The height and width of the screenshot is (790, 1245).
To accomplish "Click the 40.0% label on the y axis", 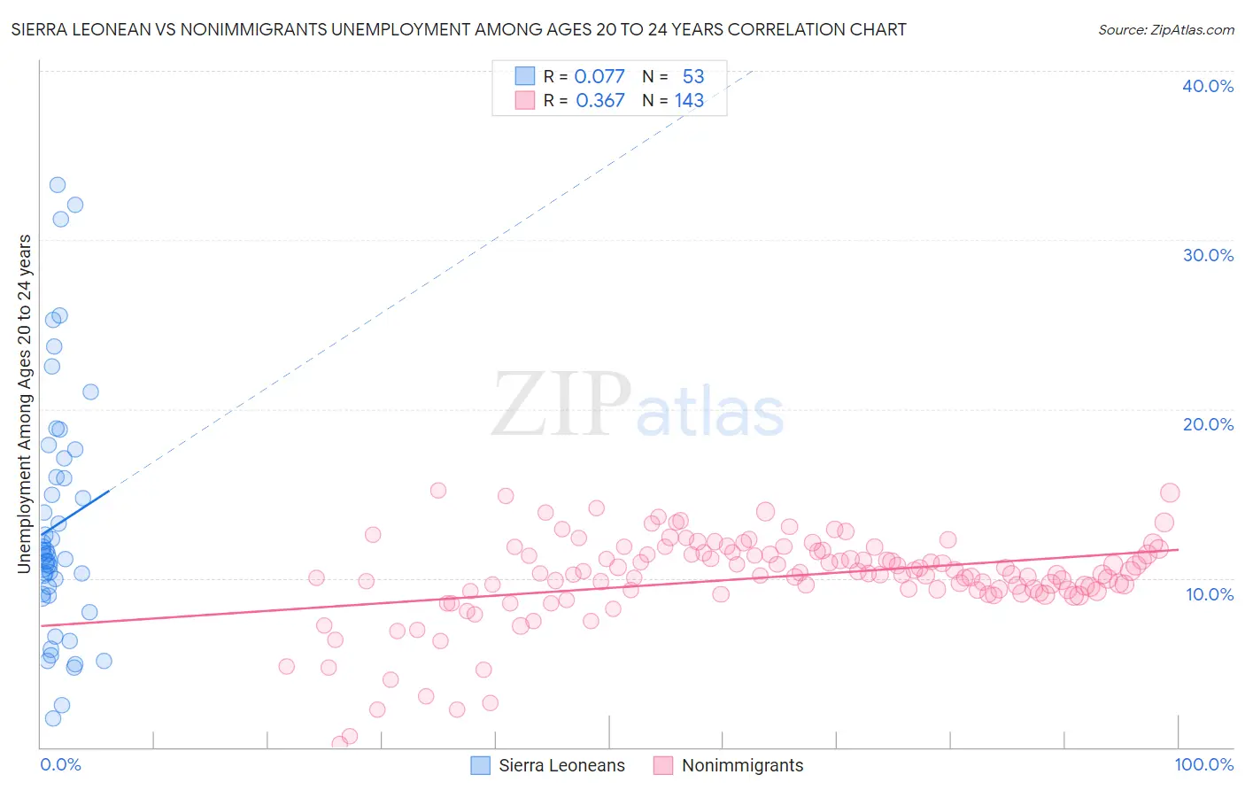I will click(x=1208, y=86).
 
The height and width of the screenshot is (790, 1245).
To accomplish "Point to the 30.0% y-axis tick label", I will click(x=1208, y=255).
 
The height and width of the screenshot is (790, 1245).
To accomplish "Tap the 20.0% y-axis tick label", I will click(x=1208, y=424).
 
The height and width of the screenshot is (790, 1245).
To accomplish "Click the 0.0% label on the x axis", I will click(x=60, y=764).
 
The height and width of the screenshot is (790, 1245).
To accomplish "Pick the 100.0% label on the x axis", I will click(x=1203, y=764).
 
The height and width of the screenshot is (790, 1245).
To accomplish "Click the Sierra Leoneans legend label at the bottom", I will click(x=561, y=765).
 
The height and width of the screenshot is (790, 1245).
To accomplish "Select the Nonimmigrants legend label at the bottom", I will click(x=742, y=765).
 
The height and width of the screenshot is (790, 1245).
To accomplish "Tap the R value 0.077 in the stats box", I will click(x=599, y=76).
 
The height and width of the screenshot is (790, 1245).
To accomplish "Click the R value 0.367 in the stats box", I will click(x=600, y=101).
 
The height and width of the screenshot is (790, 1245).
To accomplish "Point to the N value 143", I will click(x=689, y=101).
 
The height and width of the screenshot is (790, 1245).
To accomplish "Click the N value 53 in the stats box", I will click(x=693, y=76).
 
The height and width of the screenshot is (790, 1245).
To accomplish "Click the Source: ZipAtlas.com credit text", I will click(x=1165, y=29).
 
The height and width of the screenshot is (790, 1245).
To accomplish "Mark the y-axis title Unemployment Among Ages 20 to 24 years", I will click(x=25, y=403).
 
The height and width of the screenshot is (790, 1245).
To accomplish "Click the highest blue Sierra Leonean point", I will click(x=58, y=185).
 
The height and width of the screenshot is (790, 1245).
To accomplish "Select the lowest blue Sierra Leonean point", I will click(x=53, y=718).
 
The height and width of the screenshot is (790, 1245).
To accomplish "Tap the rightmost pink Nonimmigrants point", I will click(x=1170, y=493).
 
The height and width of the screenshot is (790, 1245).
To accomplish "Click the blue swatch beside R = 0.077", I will click(x=525, y=76).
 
